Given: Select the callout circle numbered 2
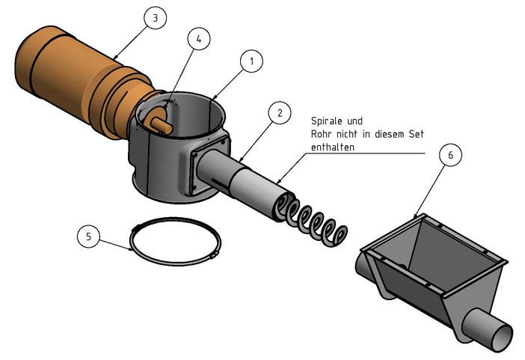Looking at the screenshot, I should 279,114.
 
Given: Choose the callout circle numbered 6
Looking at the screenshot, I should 450,155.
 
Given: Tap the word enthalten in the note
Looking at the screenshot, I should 333,147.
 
